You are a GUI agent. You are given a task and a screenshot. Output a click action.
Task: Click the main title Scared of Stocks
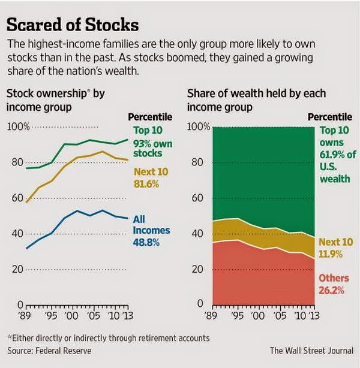[73, 25]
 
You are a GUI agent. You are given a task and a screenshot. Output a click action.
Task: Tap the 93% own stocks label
[153, 148]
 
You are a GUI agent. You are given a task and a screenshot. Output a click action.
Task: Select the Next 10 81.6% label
[151, 177]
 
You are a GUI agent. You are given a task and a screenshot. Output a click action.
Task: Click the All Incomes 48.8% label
[151, 231]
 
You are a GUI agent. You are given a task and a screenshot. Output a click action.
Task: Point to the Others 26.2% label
[334, 284]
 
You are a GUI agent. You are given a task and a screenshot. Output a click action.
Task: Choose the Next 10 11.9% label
[336, 248]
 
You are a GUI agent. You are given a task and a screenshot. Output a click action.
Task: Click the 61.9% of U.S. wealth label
[338, 161]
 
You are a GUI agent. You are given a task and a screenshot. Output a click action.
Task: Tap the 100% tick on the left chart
[19, 126]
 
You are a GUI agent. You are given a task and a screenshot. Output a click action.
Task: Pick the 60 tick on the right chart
[197, 198]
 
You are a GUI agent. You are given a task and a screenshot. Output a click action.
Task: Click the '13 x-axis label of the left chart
[127, 316]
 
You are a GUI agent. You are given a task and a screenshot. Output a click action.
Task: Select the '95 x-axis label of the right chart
[238, 316]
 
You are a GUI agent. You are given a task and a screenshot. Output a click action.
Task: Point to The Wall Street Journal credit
[311, 351]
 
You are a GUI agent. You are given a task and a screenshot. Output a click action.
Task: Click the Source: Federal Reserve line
[49, 351]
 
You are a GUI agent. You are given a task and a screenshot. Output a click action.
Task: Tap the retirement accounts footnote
[109, 338]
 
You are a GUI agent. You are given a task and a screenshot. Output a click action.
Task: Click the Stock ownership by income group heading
[55, 100]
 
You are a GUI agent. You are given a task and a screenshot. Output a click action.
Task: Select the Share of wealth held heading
[256, 100]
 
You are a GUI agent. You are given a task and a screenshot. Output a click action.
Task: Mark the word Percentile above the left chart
[150, 117]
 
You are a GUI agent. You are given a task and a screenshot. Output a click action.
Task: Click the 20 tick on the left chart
[17, 269]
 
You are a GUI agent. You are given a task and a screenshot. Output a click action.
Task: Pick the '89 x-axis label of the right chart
[211, 316]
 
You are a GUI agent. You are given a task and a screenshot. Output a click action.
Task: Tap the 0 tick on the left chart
[20, 305]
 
